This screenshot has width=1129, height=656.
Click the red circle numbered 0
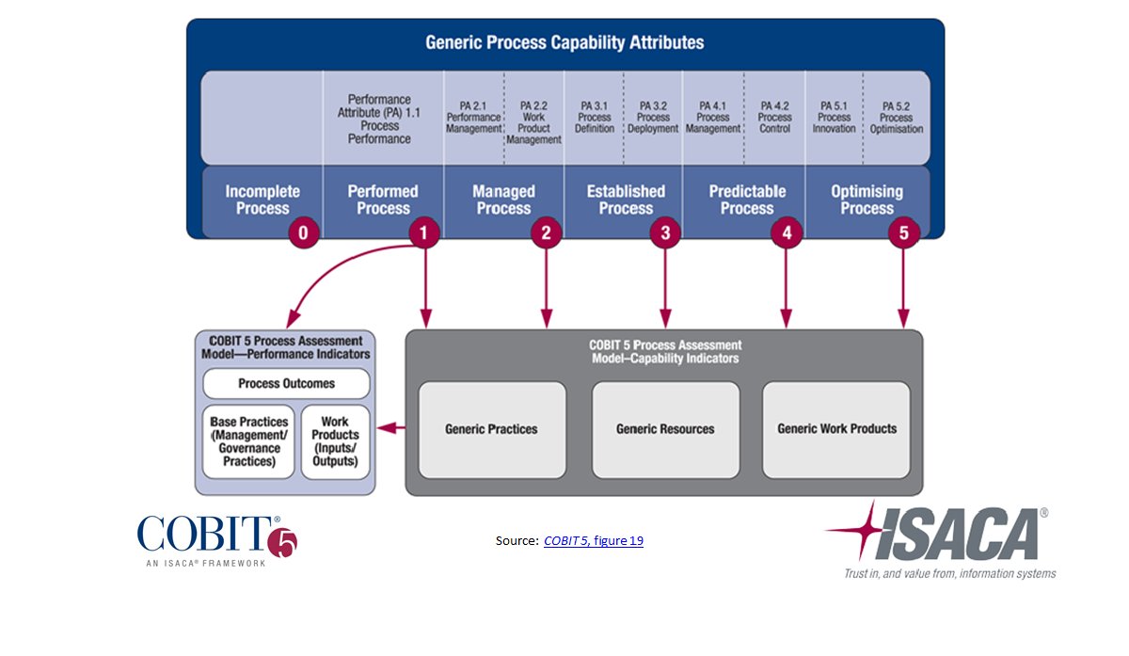click(303, 232)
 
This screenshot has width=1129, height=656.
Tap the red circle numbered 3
click(665, 232)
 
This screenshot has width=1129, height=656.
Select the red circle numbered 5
click(904, 232)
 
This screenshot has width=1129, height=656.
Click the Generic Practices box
click(491, 429)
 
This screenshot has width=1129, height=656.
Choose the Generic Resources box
click(665, 429)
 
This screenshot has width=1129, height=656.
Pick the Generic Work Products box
click(836, 429)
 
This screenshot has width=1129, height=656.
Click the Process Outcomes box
click(286, 384)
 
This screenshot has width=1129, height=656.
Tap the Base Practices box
click(248, 441)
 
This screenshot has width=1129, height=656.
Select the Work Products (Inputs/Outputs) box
click(335, 441)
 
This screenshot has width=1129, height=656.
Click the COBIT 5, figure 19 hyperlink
click(593, 541)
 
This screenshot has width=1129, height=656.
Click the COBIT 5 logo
click(217, 538)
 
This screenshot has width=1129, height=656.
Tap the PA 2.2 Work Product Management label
click(533, 122)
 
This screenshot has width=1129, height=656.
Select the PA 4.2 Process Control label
click(774, 117)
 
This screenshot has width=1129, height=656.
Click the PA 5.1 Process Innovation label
click(834, 117)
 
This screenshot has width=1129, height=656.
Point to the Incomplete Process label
click(262, 200)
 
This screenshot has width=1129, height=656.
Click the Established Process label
click(626, 200)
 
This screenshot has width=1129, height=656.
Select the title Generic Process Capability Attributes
click(564, 42)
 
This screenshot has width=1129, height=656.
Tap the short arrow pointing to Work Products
click(395, 429)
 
